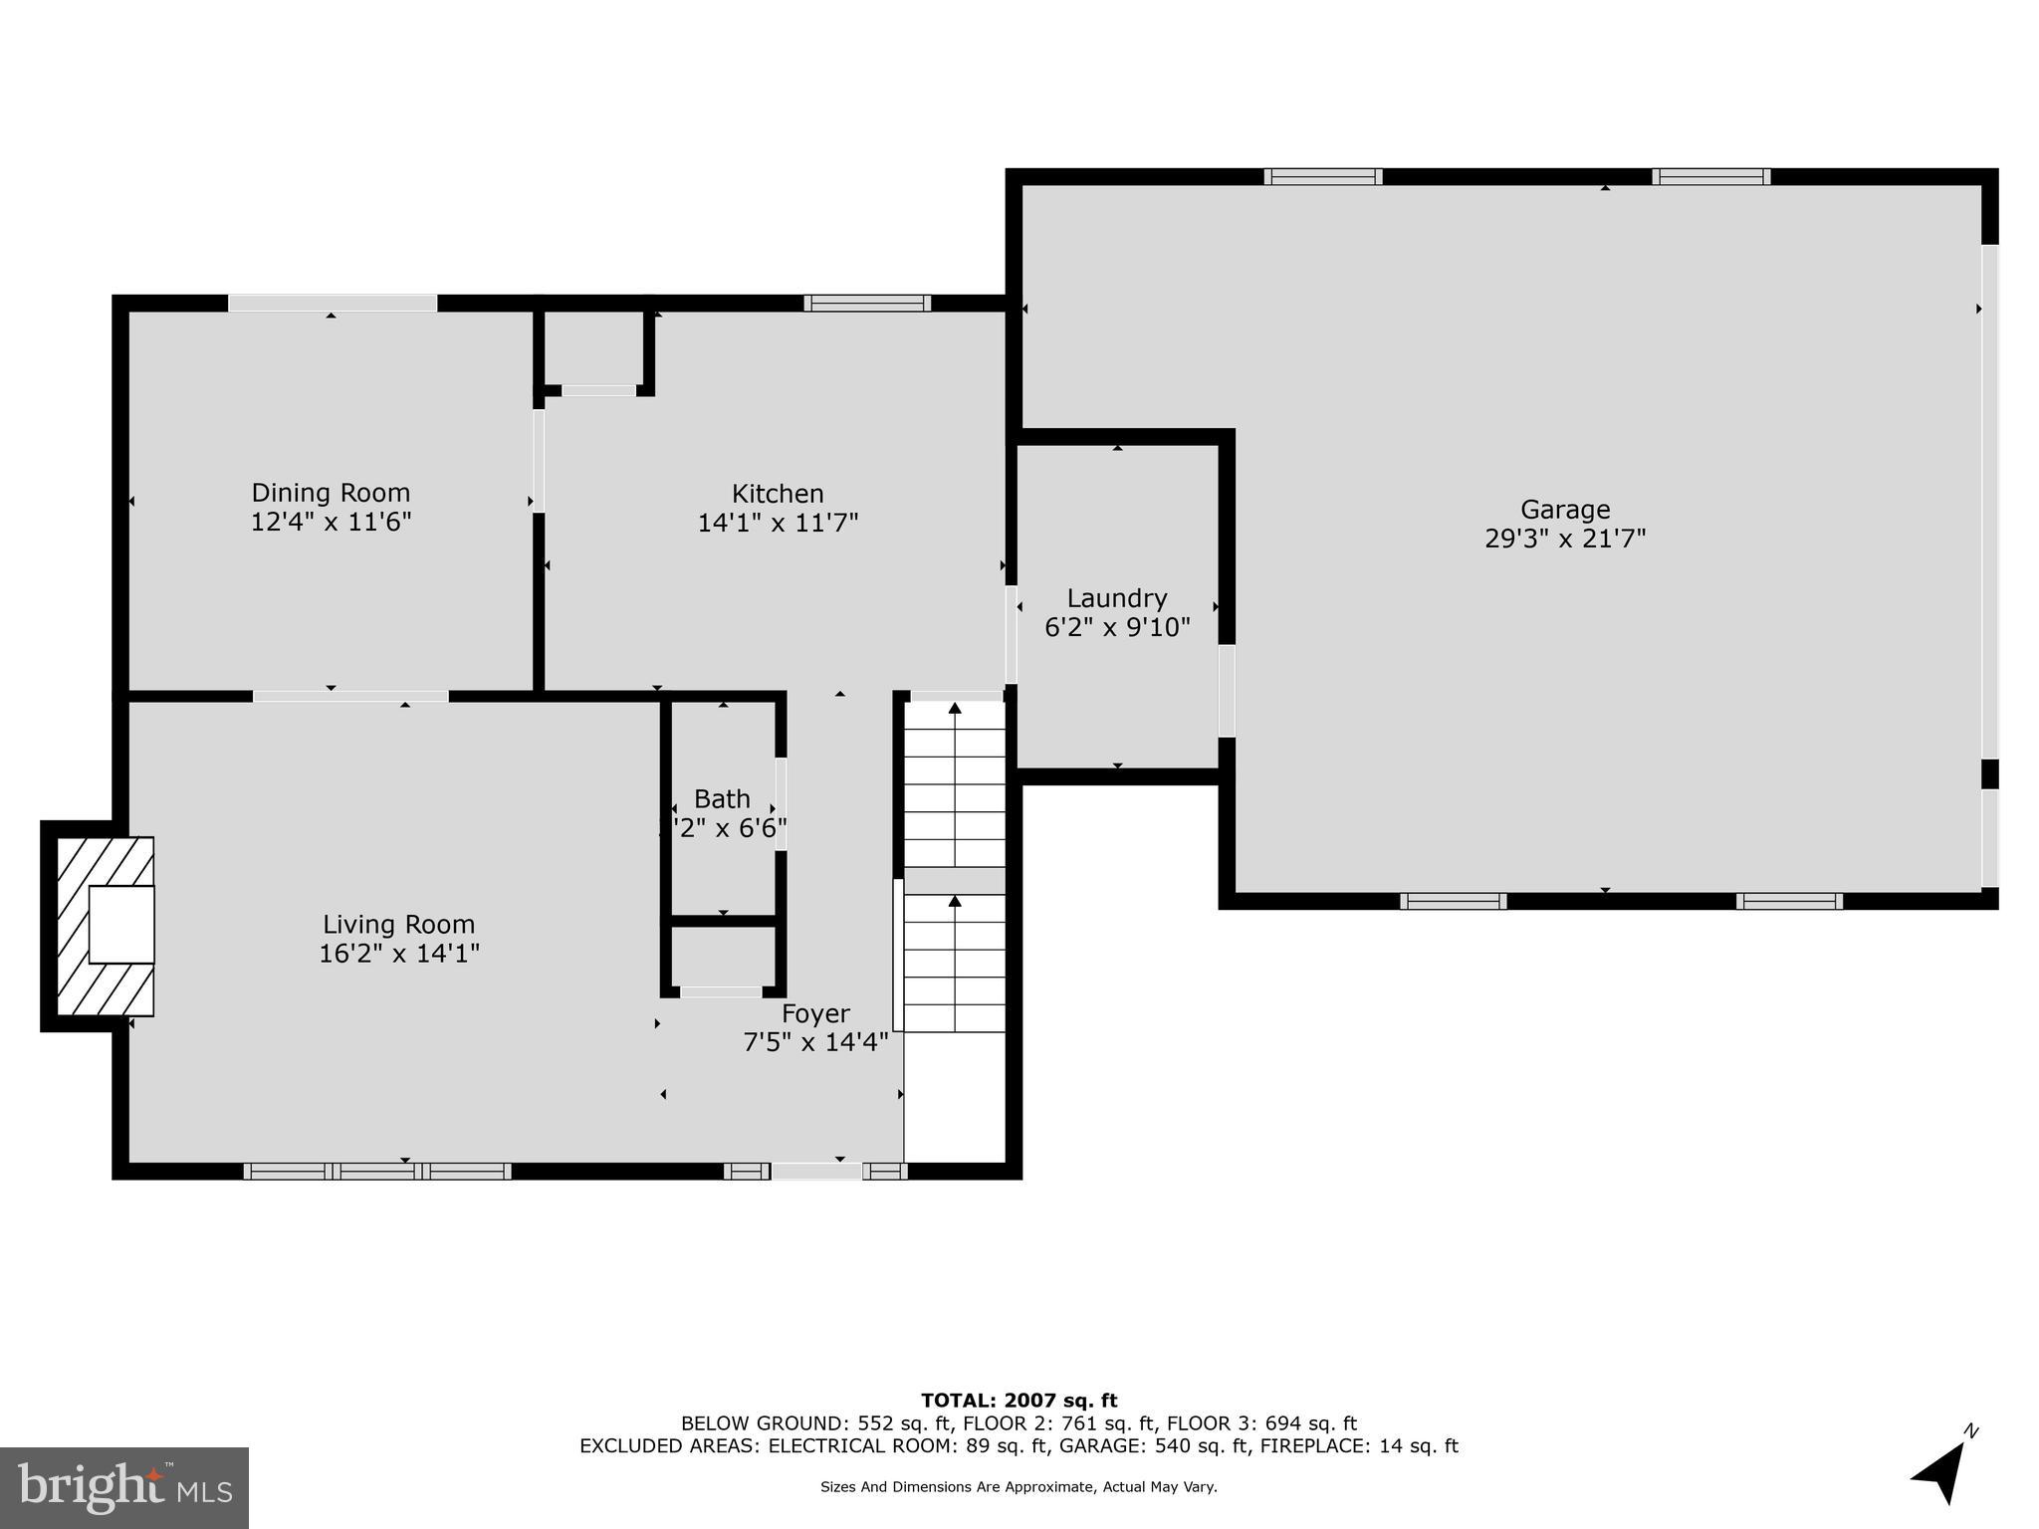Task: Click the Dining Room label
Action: pyautogui.click(x=331, y=493)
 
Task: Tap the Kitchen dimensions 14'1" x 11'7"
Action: pyautogui.click(x=778, y=523)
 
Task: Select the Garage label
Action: pyautogui.click(x=1565, y=510)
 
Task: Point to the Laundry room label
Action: pyautogui.click(x=1117, y=598)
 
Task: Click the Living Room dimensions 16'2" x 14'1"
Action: pyautogui.click(x=398, y=954)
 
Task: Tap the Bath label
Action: pyautogui.click(x=722, y=799)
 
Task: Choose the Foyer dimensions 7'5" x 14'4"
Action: pyautogui.click(x=815, y=1042)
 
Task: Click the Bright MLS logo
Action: pyautogui.click(x=124, y=1487)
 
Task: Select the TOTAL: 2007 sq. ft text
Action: pyautogui.click(x=1019, y=1401)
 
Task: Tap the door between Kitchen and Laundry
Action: pyautogui.click(x=1011, y=634)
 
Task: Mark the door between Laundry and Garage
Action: pyautogui.click(x=1227, y=691)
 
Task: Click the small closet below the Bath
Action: pyautogui.click(x=723, y=957)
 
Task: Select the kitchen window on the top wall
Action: pyautogui.click(x=867, y=303)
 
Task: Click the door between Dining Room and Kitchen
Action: pyautogui.click(x=539, y=460)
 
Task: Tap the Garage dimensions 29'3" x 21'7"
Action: pyautogui.click(x=1565, y=539)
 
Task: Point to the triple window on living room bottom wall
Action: pyautogui.click(x=377, y=1172)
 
